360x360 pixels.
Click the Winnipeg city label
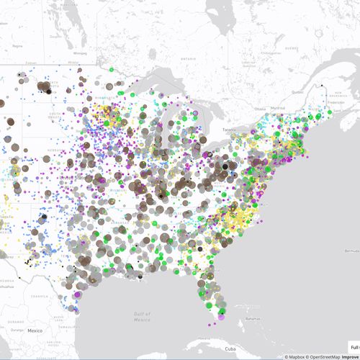pos(79,52)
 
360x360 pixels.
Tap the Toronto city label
pos(229,130)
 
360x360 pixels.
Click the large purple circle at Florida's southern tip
pos(222,315)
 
